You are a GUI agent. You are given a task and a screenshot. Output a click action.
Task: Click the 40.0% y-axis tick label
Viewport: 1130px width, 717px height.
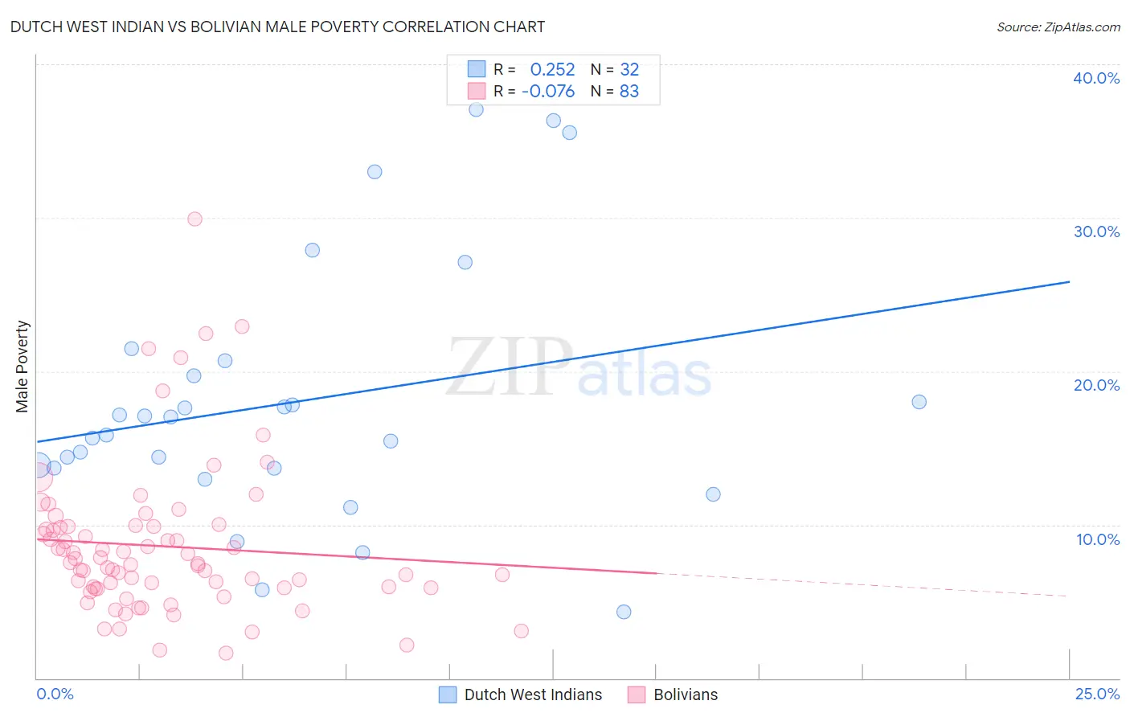[x=1095, y=78]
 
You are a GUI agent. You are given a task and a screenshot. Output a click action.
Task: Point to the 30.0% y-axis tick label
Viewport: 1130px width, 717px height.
[x=1095, y=231]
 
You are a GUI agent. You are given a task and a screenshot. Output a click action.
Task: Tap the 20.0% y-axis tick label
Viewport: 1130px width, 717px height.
[x=1095, y=385]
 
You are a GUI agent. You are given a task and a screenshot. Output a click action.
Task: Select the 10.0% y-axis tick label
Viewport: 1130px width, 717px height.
[x=1097, y=539]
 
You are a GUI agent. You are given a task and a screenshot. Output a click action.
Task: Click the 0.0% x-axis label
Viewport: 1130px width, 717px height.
[x=55, y=694]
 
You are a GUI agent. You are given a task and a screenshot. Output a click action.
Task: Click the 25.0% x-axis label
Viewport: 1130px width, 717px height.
[x=1097, y=694]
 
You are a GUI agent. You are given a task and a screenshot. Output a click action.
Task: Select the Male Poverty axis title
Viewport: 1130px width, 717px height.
[x=23, y=367]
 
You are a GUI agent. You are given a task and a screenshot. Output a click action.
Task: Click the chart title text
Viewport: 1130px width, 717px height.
[x=277, y=27]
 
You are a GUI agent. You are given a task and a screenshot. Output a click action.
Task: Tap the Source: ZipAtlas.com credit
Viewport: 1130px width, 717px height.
[x=1058, y=27]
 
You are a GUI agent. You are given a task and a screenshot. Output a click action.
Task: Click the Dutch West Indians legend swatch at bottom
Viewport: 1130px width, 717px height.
[x=448, y=694]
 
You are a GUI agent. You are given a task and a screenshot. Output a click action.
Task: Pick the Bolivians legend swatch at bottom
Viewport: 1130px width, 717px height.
[x=637, y=694]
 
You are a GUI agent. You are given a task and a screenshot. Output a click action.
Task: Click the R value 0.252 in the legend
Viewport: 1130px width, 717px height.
[x=552, y=70]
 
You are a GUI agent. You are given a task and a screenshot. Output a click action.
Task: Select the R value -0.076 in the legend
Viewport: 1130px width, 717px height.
[x=548, y=92]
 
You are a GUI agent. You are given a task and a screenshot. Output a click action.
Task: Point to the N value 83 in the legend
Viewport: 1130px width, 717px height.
[x=628, y=92]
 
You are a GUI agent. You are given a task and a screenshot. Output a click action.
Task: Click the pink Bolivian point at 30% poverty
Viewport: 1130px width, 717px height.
[x=194, y=219]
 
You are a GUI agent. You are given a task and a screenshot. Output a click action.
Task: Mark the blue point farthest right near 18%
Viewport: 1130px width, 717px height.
[x=919, y=402]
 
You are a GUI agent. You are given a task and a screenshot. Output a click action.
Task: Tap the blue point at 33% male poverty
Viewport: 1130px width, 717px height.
[x=375, y=172]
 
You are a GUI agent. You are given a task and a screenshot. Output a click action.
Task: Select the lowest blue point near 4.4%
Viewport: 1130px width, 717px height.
[x=624, y=612]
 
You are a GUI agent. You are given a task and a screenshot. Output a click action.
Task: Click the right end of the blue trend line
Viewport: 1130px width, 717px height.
[x=1068, y=282]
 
